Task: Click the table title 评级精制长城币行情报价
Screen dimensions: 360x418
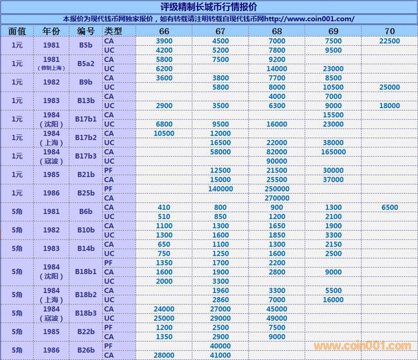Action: [208, 7]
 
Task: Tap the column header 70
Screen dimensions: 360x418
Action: [389, 31]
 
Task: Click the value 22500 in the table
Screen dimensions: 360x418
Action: [389, 41]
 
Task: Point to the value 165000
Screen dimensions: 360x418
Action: [333, 152]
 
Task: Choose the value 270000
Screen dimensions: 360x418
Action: [277, 198]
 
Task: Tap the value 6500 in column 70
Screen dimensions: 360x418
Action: [389, 207]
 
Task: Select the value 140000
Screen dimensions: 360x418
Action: [220, 189]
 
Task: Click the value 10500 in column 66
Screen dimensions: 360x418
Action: [164, 133]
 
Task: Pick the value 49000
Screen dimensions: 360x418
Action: [277, 318]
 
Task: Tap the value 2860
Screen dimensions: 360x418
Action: [220, 300]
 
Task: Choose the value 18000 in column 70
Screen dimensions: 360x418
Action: [389, 106]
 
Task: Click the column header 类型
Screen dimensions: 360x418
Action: [113, 31]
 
